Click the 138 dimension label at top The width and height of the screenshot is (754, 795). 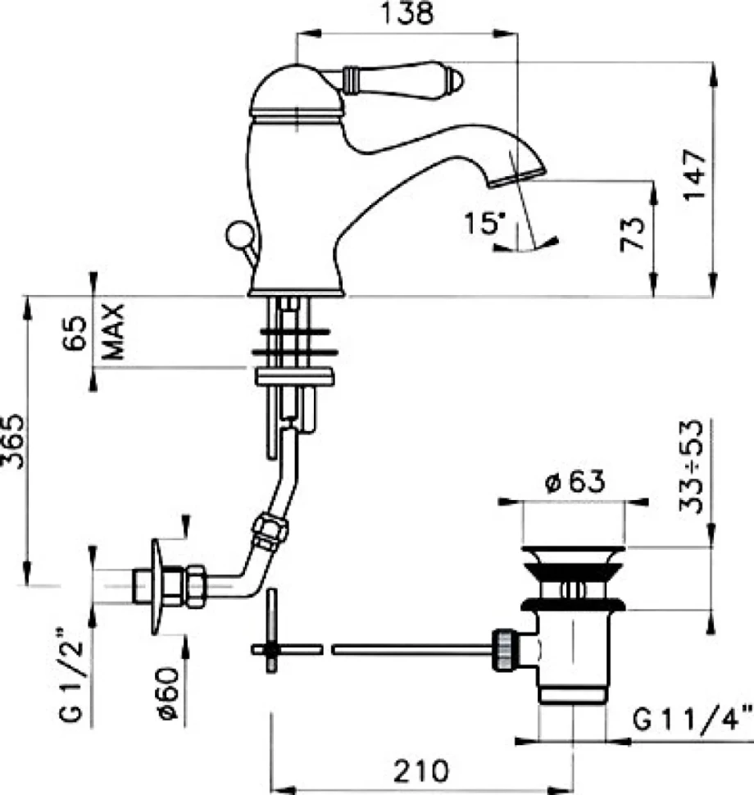pyautogui.click(x=407, y=14)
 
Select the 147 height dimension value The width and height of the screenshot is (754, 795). pyautogui.click(x=694, y=175)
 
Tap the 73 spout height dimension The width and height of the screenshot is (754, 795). pyautogui.click(x=633, y=234)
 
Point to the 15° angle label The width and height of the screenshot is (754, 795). pyautogui.click(x=485, y=223)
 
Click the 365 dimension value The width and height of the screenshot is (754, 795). pyautogui.click(x=12, y=441)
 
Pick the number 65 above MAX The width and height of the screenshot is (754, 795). pyautogui.click(x=75, y=333)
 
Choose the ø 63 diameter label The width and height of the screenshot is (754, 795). pyautogui.click(x=575, y=481)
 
